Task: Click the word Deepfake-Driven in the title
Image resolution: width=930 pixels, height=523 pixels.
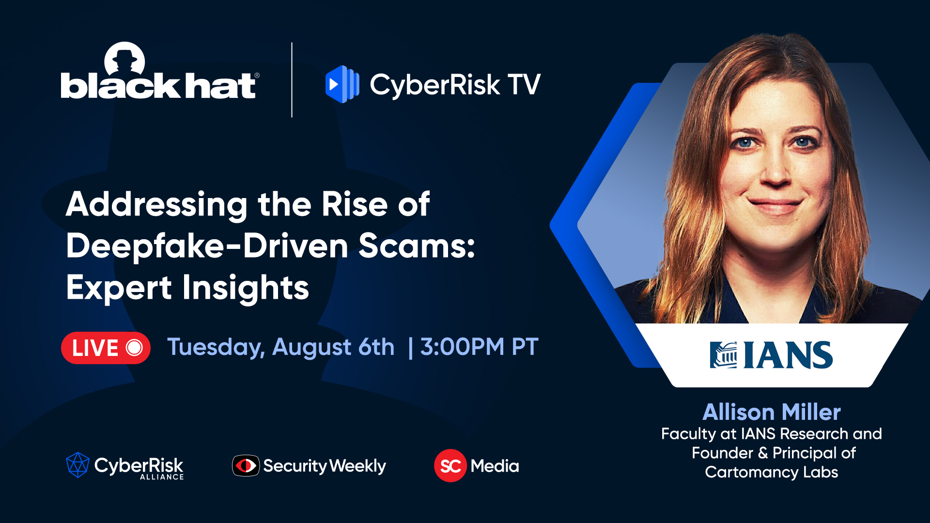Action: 207,246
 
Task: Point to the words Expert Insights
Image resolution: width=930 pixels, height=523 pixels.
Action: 187,288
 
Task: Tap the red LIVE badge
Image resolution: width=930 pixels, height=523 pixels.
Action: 106,348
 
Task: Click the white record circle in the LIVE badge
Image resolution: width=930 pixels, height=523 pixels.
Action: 134,348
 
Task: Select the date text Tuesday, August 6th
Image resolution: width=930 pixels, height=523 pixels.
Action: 280,347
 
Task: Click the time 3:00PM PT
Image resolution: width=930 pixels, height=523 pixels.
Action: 479,347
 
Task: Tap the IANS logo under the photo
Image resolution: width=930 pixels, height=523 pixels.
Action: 771,355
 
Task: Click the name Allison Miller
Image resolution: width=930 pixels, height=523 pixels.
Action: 771,412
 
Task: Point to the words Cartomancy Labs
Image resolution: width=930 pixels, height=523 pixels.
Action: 771,472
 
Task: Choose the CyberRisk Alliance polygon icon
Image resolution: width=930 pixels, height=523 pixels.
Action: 77,465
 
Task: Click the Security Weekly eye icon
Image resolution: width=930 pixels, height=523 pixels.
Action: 246,466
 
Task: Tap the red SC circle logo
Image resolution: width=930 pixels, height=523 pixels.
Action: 450,466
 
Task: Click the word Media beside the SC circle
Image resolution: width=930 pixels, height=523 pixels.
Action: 495,466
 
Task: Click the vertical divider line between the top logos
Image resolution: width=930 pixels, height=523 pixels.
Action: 292,80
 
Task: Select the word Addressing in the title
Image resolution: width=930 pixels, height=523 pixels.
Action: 156,204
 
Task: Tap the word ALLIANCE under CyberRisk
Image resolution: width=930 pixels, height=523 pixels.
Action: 162,477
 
